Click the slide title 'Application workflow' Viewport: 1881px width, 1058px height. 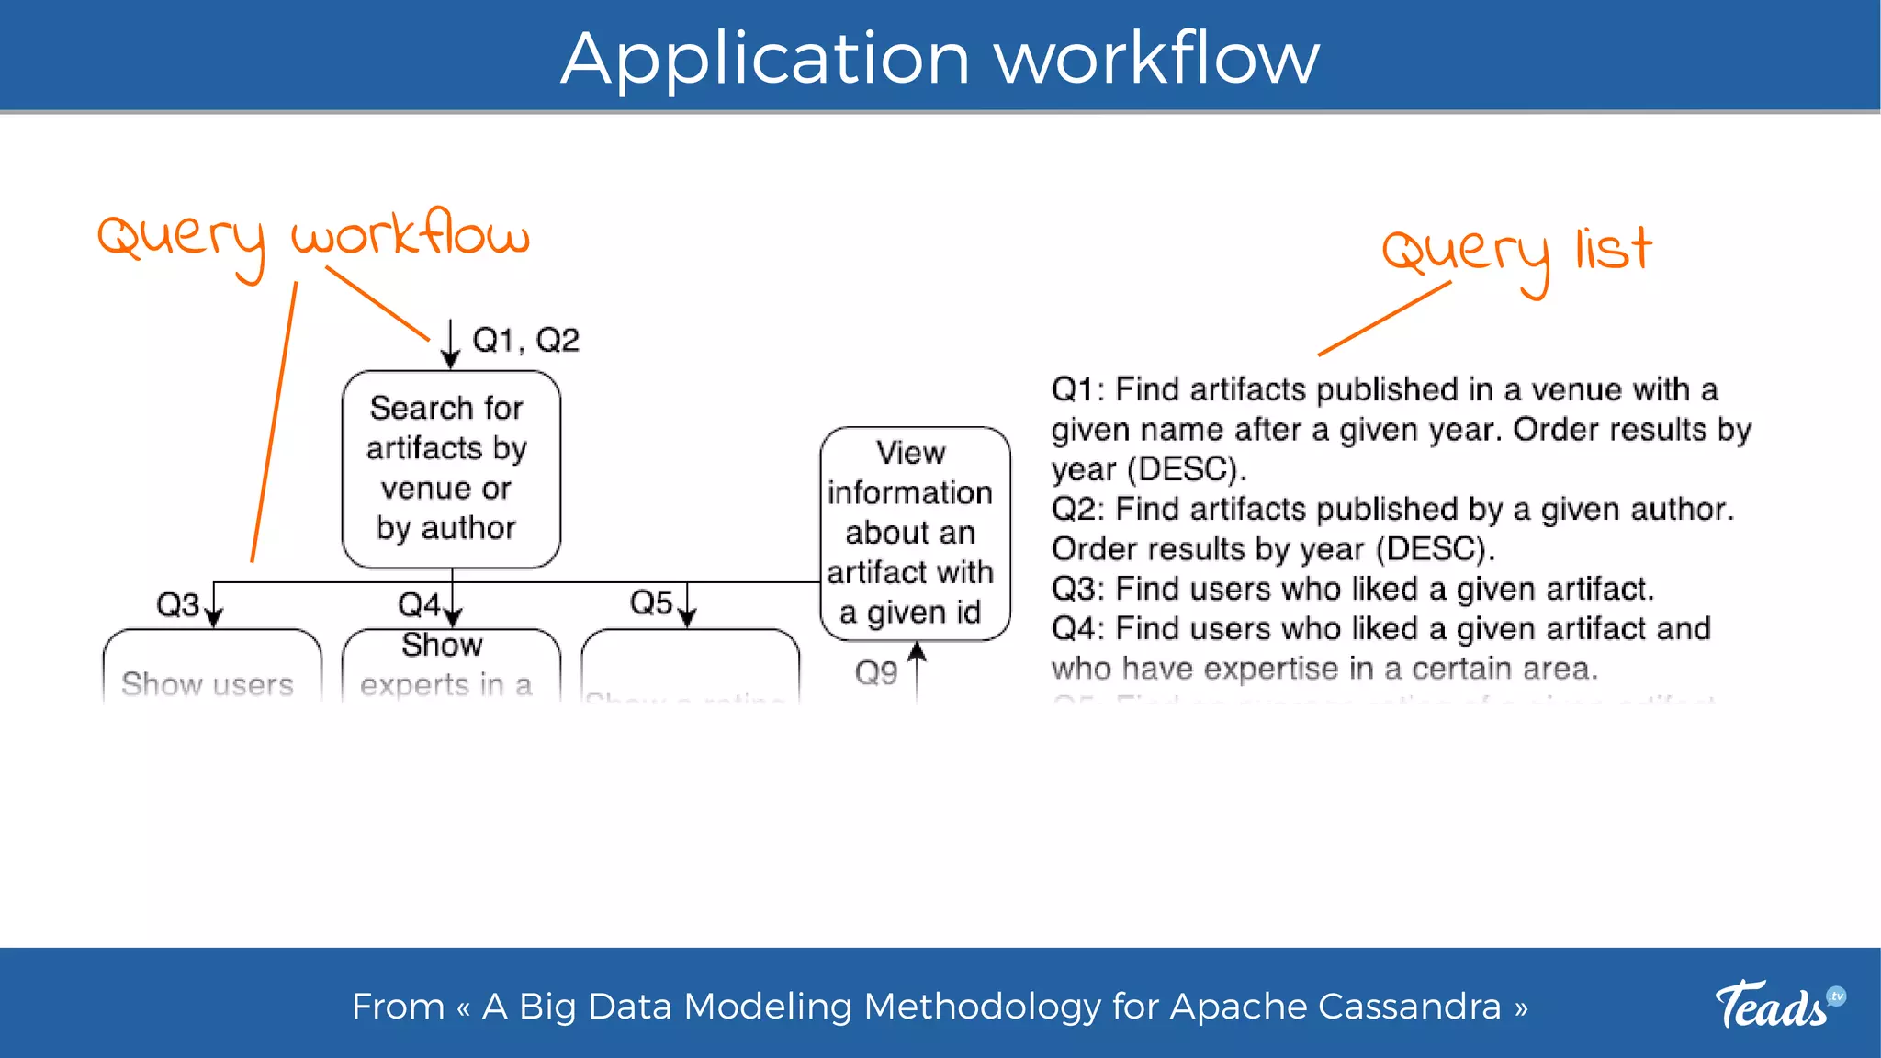tap(940, 58)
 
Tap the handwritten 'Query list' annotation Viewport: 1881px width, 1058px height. tap(1515, 253)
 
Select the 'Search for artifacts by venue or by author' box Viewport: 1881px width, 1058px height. tap(450, 468)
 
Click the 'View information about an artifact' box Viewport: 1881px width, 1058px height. tap(914, 533)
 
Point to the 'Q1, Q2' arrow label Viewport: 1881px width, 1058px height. tap(525, 341)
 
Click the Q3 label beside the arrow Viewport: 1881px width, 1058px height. tap(177, 605)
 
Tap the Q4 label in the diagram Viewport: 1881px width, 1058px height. tap(419, 605)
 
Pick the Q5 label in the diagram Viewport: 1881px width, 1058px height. tap(651, 603)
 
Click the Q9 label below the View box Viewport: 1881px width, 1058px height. tap(875, 673)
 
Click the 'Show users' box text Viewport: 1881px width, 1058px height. tap(208, 684)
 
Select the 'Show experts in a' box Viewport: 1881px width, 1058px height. tap(446, 666)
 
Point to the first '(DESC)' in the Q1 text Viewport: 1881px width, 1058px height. tap(1186, 470)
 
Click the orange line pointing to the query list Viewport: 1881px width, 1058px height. tap(1384, 319)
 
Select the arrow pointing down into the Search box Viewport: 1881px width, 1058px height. tap(450, 345)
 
